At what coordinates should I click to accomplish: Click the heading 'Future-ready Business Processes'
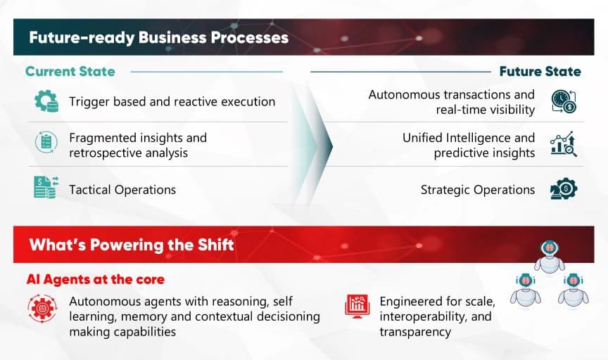[158, 37]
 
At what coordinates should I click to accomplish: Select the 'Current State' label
[70, 71]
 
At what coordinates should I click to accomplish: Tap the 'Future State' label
[540, 71]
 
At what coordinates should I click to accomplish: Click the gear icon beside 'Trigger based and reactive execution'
[46, 101]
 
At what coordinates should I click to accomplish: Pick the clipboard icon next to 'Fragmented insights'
[46, 142]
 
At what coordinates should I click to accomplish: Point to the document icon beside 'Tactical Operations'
[46, 187]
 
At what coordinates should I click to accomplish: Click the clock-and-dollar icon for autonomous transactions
[564, 101]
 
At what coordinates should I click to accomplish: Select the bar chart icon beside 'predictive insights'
[564, 144]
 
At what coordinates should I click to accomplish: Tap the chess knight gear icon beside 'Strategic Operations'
[564, 188]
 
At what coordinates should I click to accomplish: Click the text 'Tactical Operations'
[122, 190]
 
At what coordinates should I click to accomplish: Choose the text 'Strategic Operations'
[478, 190]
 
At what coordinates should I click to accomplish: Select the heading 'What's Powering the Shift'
[132, 245]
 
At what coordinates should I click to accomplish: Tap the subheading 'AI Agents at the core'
[96, 279]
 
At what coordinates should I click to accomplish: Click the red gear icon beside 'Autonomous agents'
[42, 309]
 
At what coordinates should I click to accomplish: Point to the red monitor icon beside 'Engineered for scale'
[357, 307]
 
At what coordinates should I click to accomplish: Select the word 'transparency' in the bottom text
[415, 332]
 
